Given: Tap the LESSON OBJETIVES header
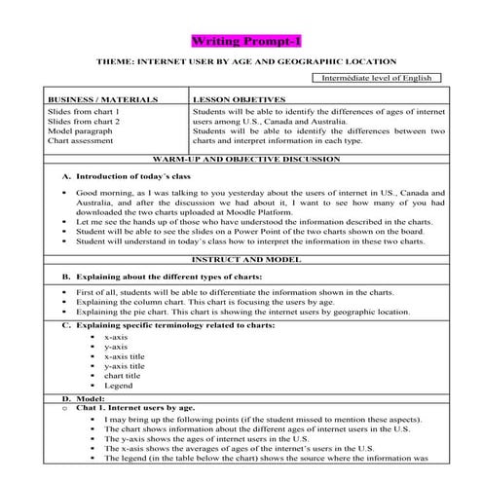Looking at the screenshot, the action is click(240, 99).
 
